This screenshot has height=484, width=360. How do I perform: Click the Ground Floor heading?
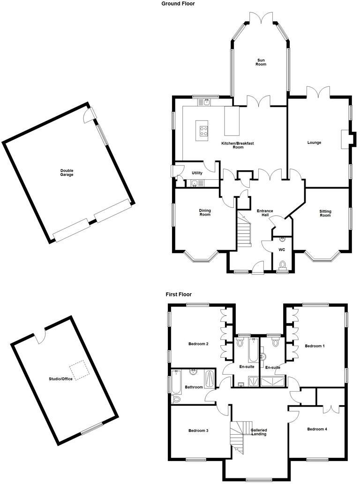coord(178,3)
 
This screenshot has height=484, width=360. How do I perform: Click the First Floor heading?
coord(179,295)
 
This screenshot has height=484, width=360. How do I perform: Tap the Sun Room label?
coord(261,62)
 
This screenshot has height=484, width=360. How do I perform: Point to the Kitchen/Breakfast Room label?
coord(238,145)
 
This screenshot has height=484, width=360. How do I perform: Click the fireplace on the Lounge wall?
coord(345,139)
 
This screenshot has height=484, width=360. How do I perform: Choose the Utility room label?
coord(197,173)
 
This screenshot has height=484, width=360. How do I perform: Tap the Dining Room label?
coord(205,212)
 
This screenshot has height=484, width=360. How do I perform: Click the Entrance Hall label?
coord(265,213)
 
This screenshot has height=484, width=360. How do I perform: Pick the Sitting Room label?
coord(325,213)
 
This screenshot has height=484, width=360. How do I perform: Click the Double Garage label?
coord(67,173)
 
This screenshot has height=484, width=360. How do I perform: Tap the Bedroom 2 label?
coord(198,344)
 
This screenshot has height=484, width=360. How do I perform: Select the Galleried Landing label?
coord(259,432)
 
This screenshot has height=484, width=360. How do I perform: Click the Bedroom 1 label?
coord(315,346)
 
